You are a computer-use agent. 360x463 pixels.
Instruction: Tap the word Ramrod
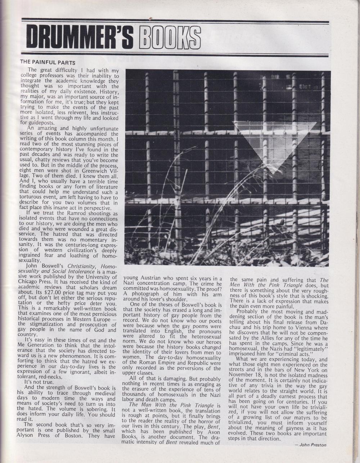click(x=69, y=213)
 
